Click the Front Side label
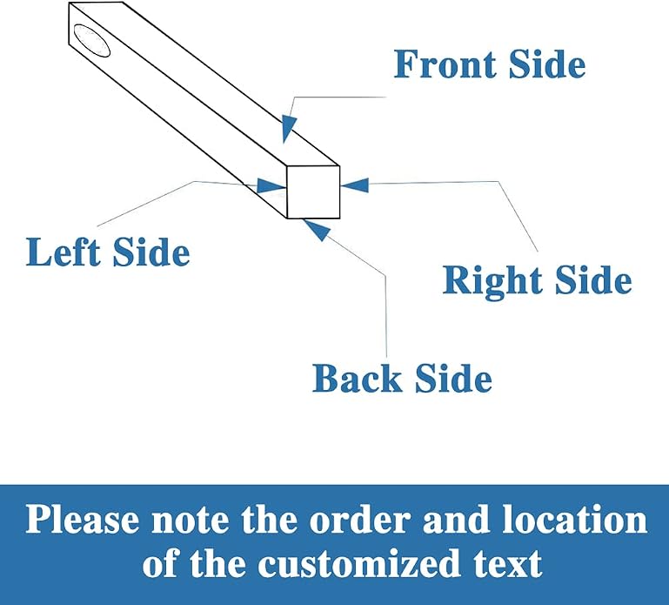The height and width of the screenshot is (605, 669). point(490,64)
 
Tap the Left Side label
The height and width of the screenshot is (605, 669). point(108,252)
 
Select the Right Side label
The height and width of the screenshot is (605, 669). point(537,280)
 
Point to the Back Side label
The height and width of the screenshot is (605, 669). point(402,379)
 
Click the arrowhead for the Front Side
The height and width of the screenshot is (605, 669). point(289,128)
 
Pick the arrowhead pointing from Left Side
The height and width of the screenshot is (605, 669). point(271,185)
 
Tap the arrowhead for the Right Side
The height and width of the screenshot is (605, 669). point(355,185)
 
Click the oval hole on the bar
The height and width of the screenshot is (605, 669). point(91,41)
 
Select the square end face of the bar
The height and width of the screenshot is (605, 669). point(313,192)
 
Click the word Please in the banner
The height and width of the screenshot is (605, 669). point(83,519)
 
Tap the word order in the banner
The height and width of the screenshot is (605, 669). point(359,519)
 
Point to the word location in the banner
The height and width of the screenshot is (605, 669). point(575,519)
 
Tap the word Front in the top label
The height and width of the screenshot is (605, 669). point(445,64)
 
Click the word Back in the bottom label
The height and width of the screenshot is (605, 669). point(357,379)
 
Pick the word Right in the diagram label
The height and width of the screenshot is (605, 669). point(492,280)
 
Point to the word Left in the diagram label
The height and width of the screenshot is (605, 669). point(63,252)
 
